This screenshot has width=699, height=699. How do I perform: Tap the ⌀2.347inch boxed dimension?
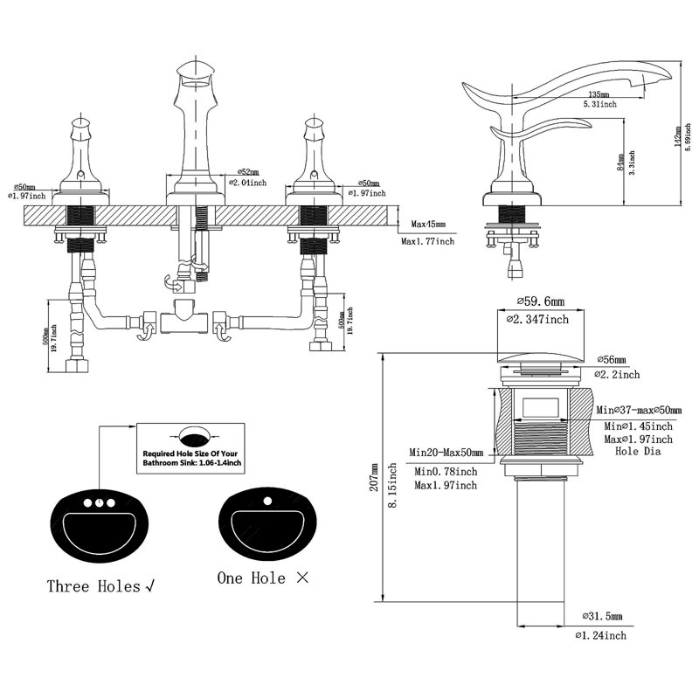coord(538,321)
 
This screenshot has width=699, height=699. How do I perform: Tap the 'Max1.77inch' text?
coord(428,241)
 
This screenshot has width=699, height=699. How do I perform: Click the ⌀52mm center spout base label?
coord(246,171)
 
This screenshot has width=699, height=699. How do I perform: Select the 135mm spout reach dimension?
coord(599,93)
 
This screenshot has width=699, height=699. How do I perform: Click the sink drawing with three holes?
coord(96,524)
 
